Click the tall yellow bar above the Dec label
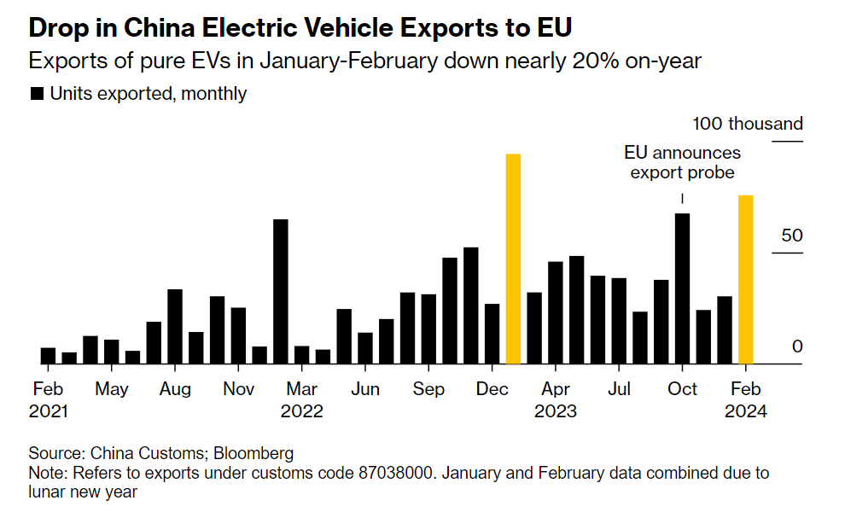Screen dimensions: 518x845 click(x=513, y=259)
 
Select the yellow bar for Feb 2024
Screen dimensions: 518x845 click(x=746, y=279)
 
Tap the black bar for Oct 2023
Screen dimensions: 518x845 click(x=682, y=288)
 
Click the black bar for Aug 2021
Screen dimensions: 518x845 click(x=175, y=326)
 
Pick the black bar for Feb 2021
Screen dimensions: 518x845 click(x=48, y=355)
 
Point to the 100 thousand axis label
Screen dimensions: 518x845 click(x=748, y=124)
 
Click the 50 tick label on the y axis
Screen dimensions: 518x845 click(x=792, y=236)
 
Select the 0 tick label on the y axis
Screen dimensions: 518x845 click(x=797, y=346)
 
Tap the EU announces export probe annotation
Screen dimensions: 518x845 click(x=682, y=163)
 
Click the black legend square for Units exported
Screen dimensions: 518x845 click(x=37, y=94)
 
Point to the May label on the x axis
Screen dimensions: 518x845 click(x=112, y=389)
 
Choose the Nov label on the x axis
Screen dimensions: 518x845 click(x=239, y=389)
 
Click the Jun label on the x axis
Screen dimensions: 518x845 click(x=365, y=389)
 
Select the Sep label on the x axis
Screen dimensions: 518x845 click(x=428, y=389)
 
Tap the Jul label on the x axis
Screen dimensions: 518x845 click(x=619, y=389)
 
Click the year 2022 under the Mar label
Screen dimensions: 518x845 click(x=302, y=411)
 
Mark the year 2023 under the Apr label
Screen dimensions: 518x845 click(x=556, y=411)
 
